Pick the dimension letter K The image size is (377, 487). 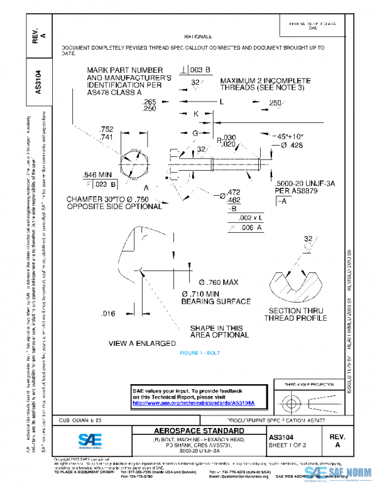tap(195, 114)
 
